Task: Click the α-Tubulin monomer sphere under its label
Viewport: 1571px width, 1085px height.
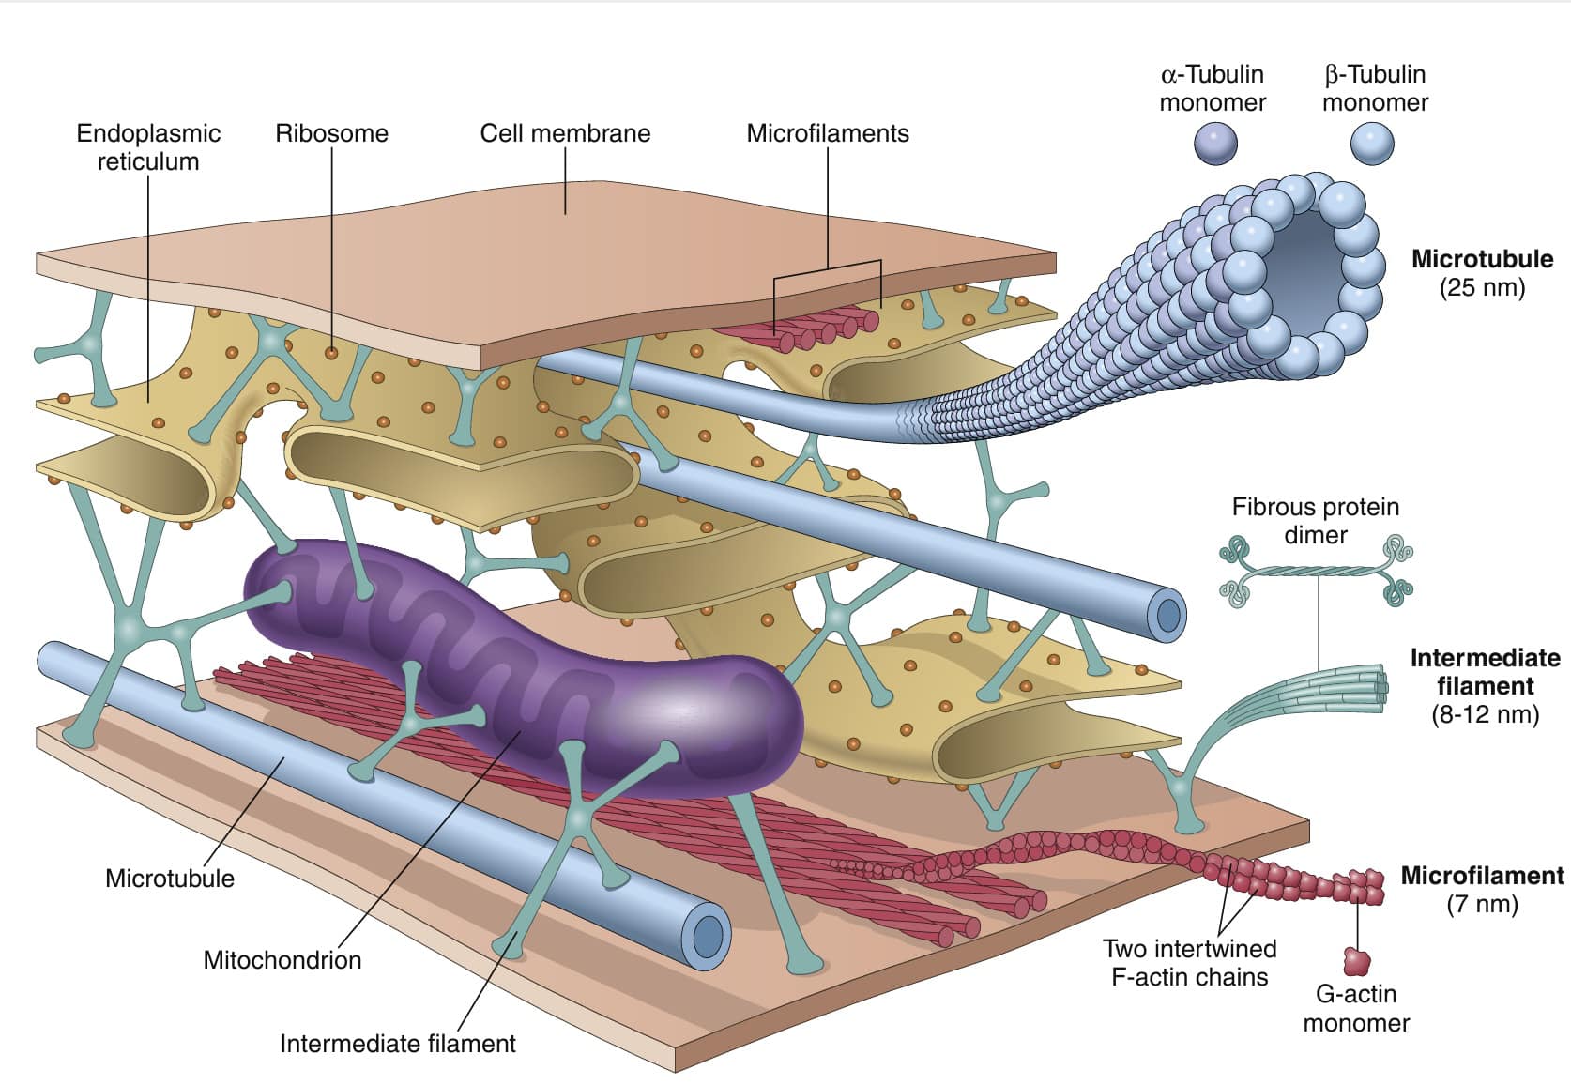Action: coord(1215,144)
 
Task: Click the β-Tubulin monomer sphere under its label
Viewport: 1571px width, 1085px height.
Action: coord(1372,144)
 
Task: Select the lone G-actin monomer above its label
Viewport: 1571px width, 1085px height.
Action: coord(1356,961)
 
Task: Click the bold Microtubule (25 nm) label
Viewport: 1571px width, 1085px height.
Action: coord(1482,273)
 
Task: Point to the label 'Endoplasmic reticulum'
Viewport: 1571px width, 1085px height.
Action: coord(148,147)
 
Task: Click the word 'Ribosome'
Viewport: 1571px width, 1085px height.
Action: coord(331,133)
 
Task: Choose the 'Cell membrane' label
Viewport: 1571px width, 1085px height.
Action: coord(565,133)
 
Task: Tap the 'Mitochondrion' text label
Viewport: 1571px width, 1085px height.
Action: coord(282,959)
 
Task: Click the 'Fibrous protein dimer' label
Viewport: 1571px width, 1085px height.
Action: coord(1316,520)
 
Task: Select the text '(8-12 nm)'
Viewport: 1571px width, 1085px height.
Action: coord(1485,714)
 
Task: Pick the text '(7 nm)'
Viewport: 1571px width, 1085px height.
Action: coord(1482,903)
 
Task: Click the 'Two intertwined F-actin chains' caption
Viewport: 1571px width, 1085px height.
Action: coord(1190,962)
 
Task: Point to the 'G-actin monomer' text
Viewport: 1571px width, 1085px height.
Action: coord(1356,1008)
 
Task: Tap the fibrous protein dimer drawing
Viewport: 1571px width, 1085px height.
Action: coord(1317,571)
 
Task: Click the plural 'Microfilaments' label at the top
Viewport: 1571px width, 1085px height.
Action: coord(828,133)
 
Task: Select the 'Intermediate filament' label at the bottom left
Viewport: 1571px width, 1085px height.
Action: coord(398,1044)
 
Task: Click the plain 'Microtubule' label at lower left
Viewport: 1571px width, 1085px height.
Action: coord(170,879)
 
